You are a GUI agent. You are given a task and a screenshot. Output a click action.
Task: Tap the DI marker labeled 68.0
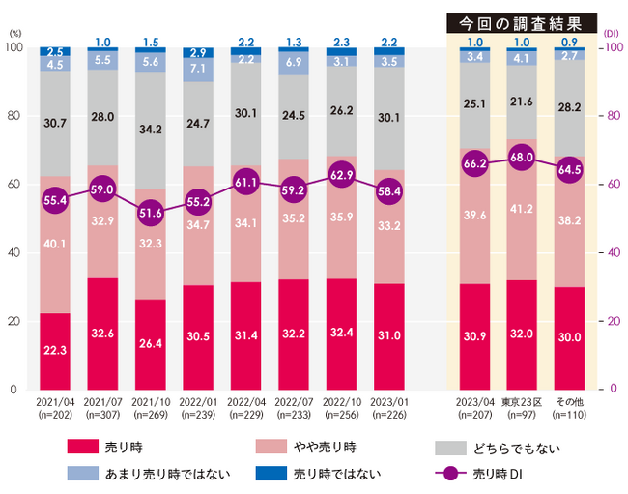[522, 157]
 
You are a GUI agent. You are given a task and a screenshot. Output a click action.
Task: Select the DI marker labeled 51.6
[150, 212]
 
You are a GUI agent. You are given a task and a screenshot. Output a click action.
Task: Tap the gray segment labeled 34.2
[150, 128]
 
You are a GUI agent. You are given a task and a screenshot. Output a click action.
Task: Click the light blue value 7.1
[197, 69]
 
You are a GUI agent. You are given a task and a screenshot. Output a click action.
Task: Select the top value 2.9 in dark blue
[197, 51]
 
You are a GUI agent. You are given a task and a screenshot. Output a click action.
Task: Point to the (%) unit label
[14, 33]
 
